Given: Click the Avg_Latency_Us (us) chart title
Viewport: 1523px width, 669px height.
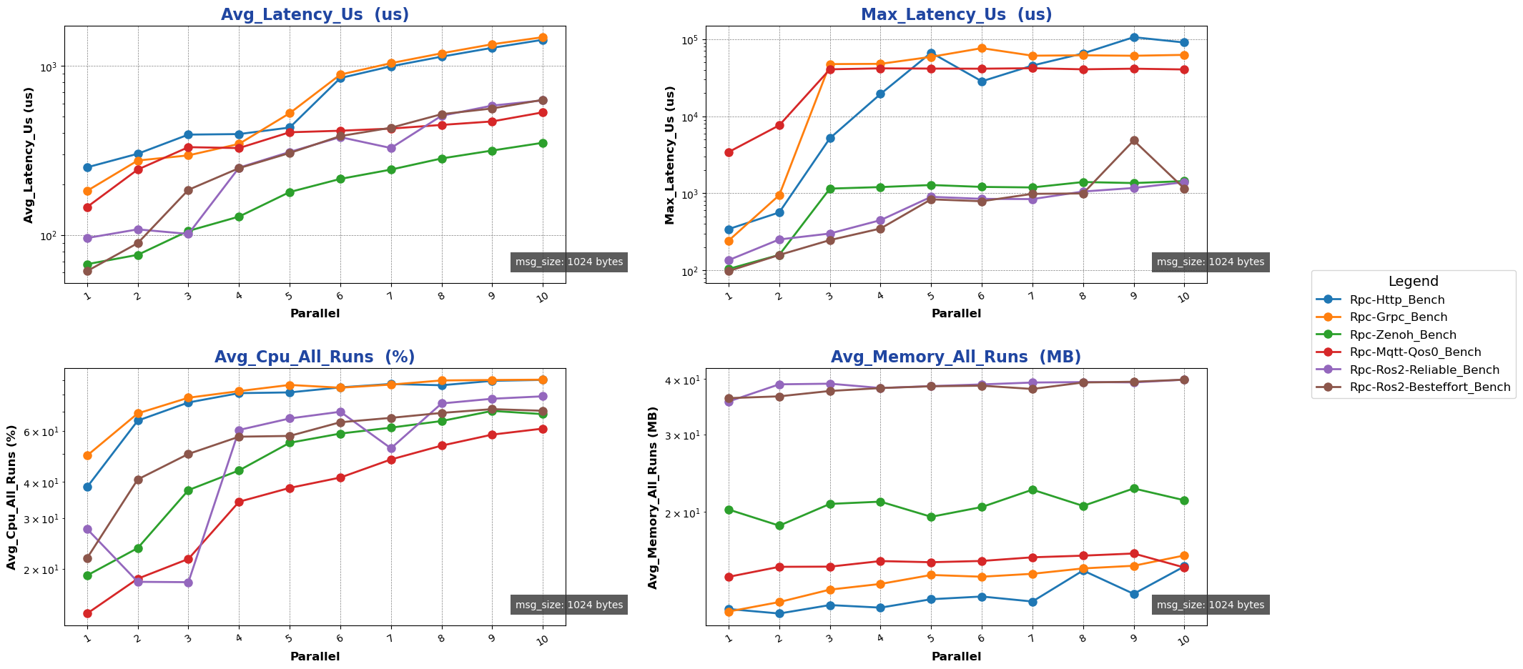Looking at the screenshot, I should tap(315, 14).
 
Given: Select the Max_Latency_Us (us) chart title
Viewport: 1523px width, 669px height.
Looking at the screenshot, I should tap(956, 14).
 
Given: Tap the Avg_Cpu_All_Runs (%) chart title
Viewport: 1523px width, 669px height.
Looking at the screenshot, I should tap(315, 357).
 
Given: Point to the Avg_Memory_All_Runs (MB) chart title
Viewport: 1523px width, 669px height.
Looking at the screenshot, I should tap(956, 357).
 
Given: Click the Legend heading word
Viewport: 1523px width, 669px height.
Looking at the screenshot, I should tap(1413, 282).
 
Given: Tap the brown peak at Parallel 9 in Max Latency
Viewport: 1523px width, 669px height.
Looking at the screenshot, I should tap(1134, 141).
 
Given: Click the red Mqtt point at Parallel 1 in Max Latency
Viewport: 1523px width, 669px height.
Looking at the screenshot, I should tap(729, 152).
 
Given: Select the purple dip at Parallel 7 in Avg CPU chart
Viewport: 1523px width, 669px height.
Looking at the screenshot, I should tap(391, 449).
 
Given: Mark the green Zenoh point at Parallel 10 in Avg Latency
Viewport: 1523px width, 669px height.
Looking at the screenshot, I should tap(543, 143).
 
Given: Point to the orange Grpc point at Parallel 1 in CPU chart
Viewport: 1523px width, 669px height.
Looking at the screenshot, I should tap(87, 455).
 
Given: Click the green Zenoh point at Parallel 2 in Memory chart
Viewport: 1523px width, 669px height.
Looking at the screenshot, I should tap(779, 525).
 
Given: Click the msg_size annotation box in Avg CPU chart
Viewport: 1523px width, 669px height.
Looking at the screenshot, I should tap(569, 605).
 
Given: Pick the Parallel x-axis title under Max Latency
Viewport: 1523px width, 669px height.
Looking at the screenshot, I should tap(956, 313).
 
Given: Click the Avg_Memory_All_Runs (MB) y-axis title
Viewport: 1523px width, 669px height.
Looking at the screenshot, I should tap(653, 497).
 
